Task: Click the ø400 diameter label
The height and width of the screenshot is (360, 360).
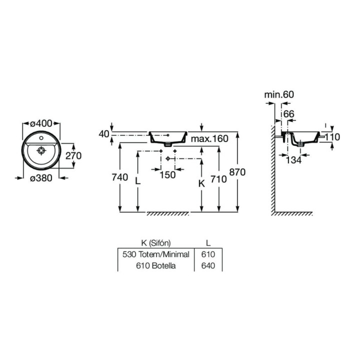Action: (x=41, y=122)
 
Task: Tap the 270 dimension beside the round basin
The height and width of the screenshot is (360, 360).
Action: (x=73, y=155)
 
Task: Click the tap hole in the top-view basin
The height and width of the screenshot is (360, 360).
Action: (x=41, y=136)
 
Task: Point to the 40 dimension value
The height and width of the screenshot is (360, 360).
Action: (x=103, y=134)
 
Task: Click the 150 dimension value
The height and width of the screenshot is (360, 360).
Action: (x=168, y=175)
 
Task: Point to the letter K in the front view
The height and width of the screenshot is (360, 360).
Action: (x=201, y=183)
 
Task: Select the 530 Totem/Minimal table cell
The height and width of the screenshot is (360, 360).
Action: (x=155, y=254)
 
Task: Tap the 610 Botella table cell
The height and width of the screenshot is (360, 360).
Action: (x=155, y=266)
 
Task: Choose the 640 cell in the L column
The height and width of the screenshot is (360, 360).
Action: (x=207, y=266)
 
